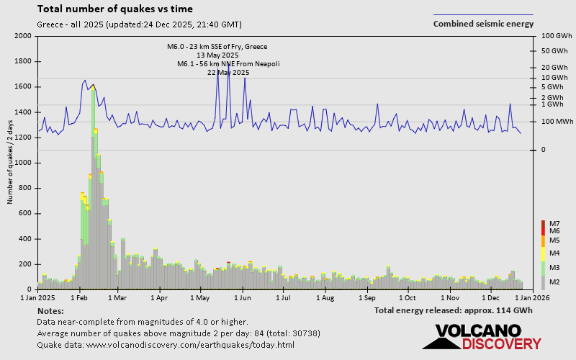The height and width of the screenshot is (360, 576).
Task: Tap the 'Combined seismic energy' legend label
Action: pyautogui.click(x=483, y=23)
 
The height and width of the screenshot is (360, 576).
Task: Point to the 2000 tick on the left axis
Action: pyautogui.click(x=22, y=36)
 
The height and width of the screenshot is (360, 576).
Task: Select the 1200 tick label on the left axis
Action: pyautogui.click(x=22, y=138)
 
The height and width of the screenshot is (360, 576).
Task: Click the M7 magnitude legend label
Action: pyautogui.click(x=554, y=223)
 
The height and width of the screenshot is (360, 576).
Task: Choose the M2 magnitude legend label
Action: pyautogui.click(x=554, y=282)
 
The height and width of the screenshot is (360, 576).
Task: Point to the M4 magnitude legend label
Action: pyautogui.click(x=554, y=253)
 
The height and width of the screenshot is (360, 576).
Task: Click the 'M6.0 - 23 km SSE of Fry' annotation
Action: pyautogui.click(x=217, y=47)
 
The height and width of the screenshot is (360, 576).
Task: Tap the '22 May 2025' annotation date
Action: pyautogui.click(x=228, y=73)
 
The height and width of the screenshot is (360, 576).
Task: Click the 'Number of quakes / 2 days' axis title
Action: pyautogui.click(x=9, y=163)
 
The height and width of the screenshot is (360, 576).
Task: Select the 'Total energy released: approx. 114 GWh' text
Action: pyautogui.click(x=454, y=310)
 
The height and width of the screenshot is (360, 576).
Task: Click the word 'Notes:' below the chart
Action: pyautogui.click(x=50, y=310)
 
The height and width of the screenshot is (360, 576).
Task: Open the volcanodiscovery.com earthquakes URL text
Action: pyautogui.click(x=166, y=345)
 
